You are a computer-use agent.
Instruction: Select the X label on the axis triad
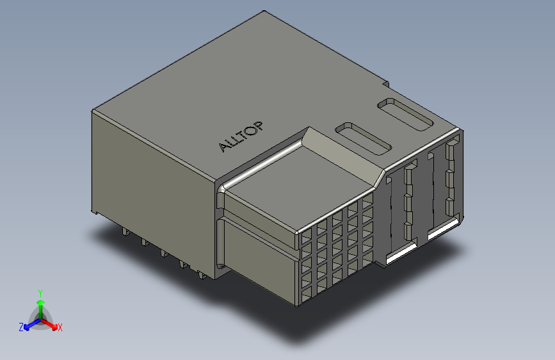click(60, 328)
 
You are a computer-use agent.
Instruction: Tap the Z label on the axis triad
click(21, 327)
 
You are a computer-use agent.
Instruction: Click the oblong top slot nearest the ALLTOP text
click(363, 138)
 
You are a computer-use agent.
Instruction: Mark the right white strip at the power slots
click(442, 229)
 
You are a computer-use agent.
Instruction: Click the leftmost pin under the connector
click(122, 231)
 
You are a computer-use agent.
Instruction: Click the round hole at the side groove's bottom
click(221, 265)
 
